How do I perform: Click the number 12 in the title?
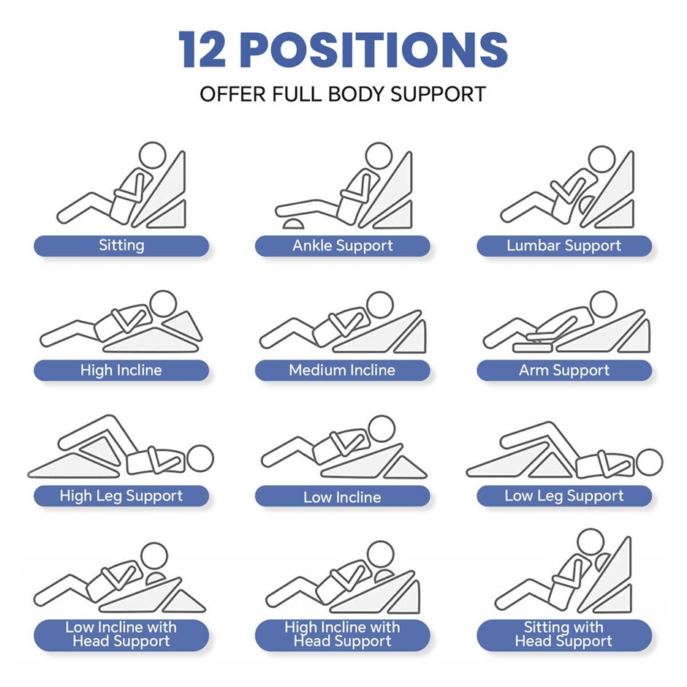(202, 49)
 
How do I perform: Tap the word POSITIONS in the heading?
(374, 49)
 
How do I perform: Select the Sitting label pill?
(121, 246)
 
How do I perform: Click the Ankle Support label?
(343, 246)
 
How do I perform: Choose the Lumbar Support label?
(564, 246)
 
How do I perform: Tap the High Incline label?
(121, 371)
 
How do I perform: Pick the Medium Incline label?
(343, 371)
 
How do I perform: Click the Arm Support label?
(564, 371)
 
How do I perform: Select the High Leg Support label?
(121, 496)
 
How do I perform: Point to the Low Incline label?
(343, 496)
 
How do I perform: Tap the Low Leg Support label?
(564, 496)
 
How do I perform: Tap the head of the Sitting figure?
(153, 156)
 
